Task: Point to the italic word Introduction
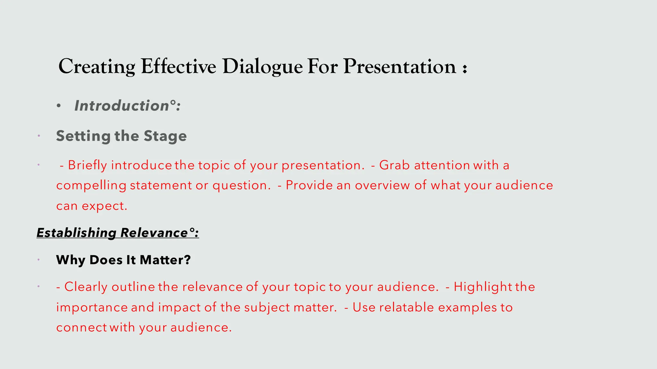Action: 122,106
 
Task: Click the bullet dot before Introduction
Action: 58,106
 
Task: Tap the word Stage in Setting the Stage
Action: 165,136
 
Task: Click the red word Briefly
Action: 87,165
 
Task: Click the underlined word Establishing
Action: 76,233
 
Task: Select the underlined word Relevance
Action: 154,233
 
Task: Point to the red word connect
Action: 81,327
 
